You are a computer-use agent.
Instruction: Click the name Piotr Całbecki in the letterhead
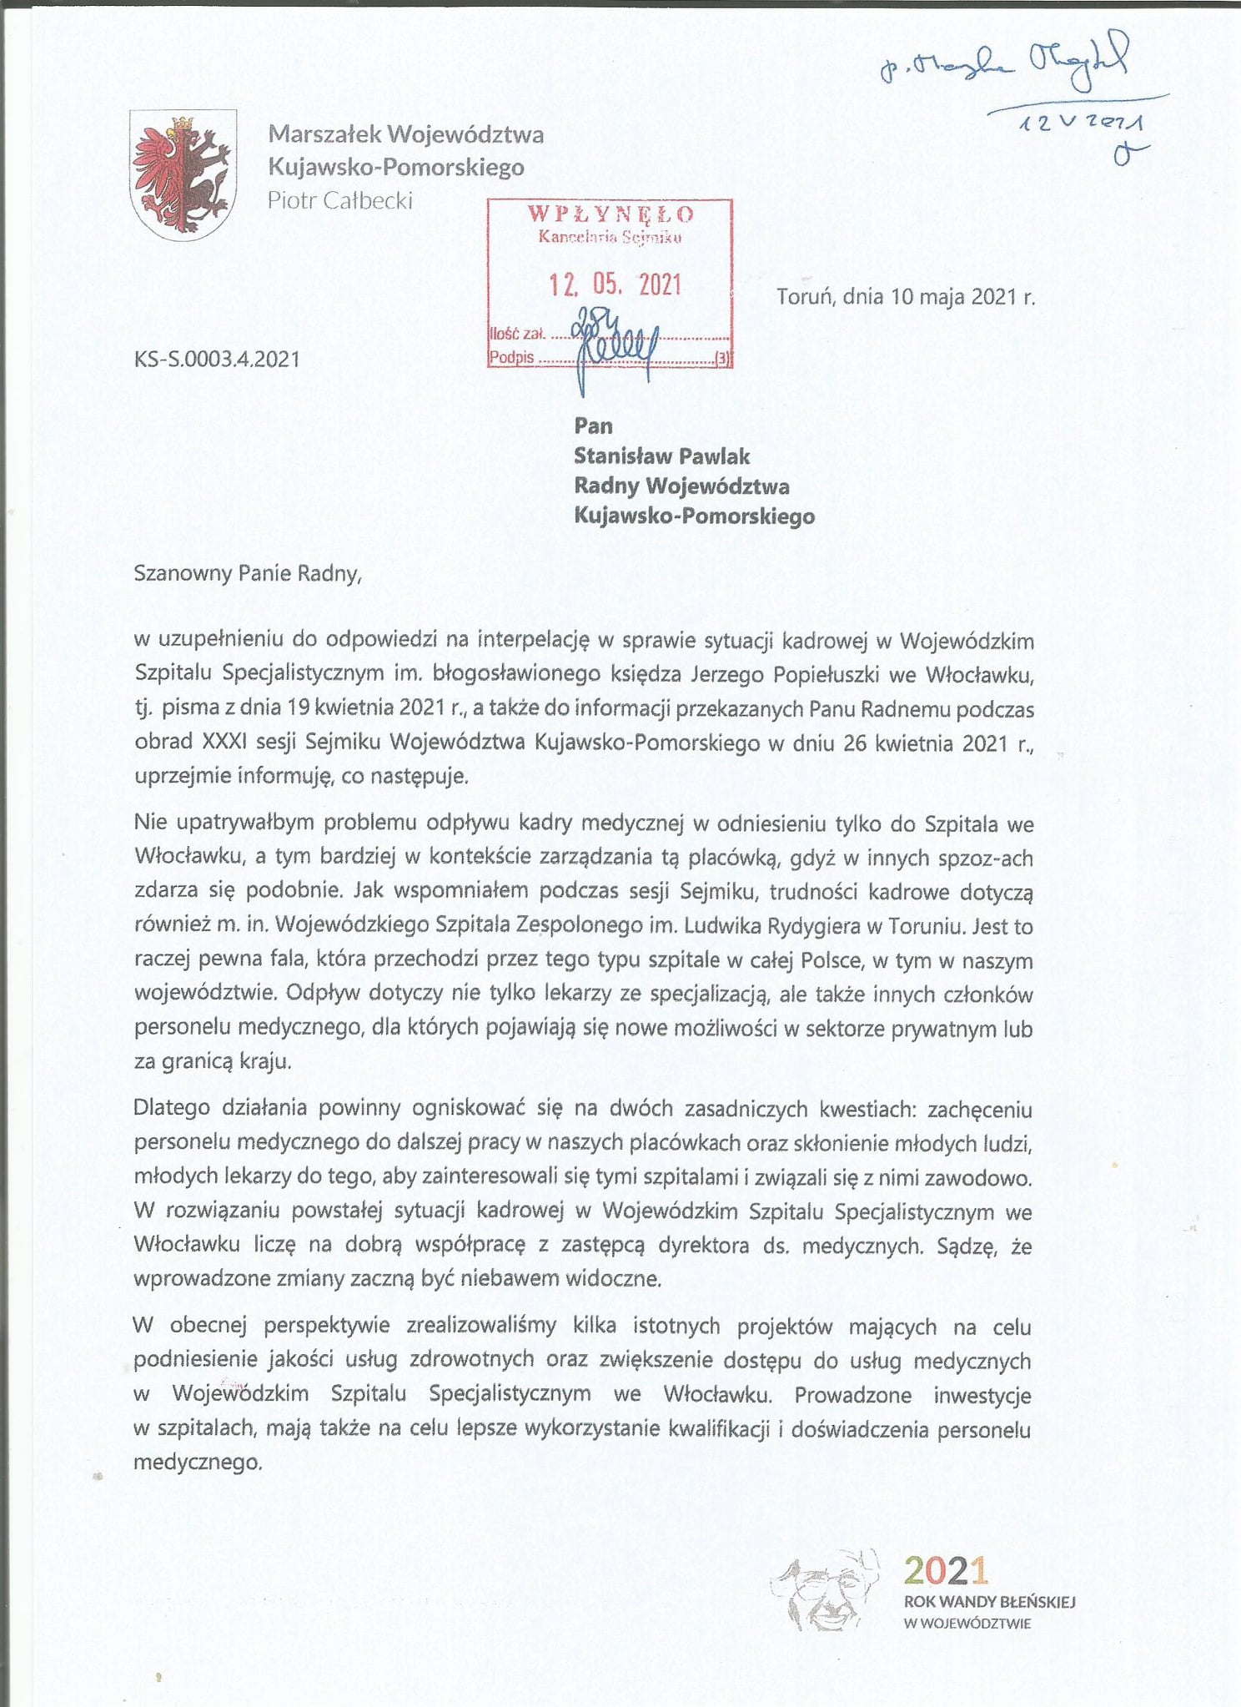point(339,200)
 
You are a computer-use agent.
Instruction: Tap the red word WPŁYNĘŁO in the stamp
point(610,214)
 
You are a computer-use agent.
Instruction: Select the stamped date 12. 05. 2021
point(615,285)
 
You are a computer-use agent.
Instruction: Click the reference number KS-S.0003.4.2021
point(217,360)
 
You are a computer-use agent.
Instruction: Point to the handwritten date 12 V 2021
point(1082,123)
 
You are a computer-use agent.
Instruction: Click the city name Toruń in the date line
point(805,296)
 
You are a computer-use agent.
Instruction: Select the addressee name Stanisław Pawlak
point(661,456)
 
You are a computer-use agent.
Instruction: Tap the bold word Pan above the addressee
point(593,426)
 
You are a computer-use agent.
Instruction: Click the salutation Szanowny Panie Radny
point(247,573)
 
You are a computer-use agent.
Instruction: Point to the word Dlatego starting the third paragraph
point(172,1108)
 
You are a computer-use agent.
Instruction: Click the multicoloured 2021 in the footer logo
point(946,1570)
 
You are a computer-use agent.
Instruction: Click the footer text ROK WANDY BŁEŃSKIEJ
point(989,1602)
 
